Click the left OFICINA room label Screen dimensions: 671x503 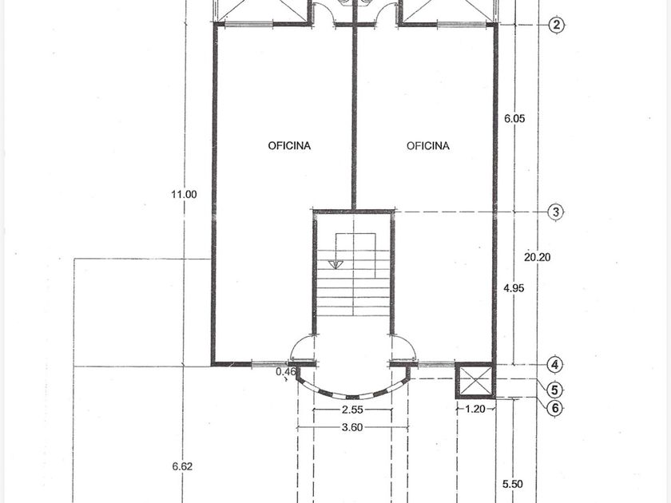289,146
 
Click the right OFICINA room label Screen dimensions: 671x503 428,146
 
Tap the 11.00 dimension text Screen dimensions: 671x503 184,195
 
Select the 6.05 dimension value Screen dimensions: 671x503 514,118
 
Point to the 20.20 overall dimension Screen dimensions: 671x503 538,257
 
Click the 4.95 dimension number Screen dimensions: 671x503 514,288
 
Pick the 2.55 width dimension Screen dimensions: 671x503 352,410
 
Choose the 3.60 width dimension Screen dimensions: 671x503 352,427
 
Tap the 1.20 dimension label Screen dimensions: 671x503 475,409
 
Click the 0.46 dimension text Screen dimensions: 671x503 286,371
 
